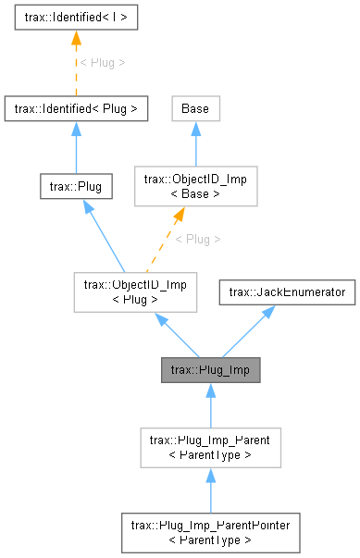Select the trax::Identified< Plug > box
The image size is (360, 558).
(76, 109)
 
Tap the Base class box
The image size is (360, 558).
(194, 109)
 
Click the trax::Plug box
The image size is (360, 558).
(76, 186)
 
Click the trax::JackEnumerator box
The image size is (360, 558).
(288, 292)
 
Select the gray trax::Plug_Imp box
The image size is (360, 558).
(210, 370)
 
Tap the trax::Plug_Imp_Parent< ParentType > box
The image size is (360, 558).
(210, 447)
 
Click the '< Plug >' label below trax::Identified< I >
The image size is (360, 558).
(102, 63)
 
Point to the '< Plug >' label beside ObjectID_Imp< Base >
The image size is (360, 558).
(198, 238)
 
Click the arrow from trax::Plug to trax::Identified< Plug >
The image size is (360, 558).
(76, 148)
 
